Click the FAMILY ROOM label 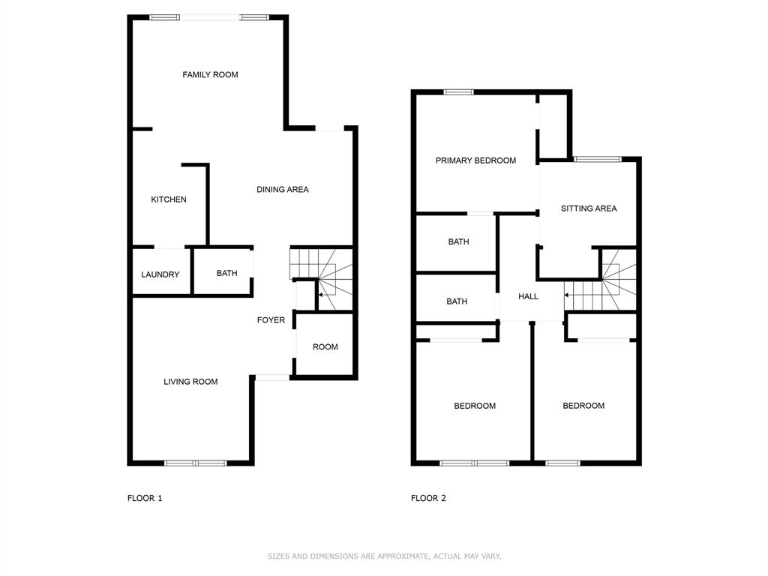point(210,74)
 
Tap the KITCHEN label point(169,199)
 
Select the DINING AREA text point(283,190)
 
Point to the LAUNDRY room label point(160,274)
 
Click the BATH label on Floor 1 point(226,273)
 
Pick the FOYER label point(271,320)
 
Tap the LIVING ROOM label point(190,382)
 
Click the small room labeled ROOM point(325,347)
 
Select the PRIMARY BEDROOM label point(475,160)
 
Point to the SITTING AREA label point(589,208)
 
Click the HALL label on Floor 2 point(528,297)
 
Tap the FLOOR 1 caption point(145,498)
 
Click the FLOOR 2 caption point(428,498)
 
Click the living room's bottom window point(195,463)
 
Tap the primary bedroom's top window point(458,91)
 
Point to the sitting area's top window point(598,158)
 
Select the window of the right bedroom point(562,463)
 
